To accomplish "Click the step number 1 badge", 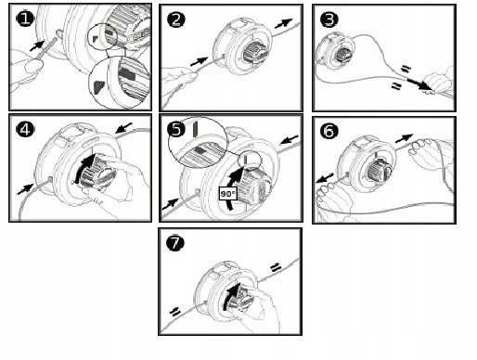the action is point(25,19).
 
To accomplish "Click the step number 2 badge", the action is point(175,20).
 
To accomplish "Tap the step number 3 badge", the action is point(329,19).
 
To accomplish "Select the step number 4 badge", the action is point(25,129).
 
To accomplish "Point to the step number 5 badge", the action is point(176,129).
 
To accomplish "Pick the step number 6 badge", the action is point(329,131).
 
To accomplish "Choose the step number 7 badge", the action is point(175,242).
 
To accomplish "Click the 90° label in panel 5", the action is point(228,194).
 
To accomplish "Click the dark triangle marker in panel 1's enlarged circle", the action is point(100,87).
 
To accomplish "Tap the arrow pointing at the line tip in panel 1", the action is point(37,45).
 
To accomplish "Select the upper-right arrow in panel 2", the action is point(283,23).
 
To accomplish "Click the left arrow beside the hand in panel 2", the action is point(200,61).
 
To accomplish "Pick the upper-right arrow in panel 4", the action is point(123,127).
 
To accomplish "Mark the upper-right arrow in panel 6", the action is point(405,138).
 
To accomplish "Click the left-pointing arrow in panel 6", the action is point(325,178).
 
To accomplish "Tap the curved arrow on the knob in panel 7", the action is point(232,297).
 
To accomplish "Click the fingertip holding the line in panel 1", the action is point(33,66).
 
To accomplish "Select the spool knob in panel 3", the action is point(344,55).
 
